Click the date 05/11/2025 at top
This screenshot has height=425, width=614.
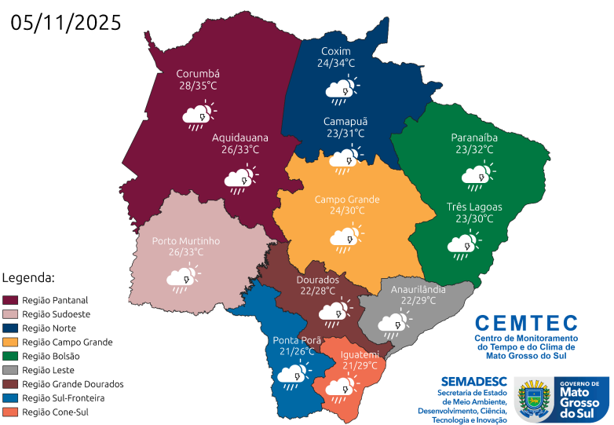point(67,22)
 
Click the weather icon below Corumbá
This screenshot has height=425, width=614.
point(199,115)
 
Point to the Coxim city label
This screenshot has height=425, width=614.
point(335,51)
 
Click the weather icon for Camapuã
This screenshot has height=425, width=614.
point(344,160)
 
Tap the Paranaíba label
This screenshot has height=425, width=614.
point(474,137)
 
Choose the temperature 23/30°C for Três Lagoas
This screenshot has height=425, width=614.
point(474,218)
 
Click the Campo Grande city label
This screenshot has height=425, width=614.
point(346,199)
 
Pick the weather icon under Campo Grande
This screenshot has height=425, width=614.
point(346,237)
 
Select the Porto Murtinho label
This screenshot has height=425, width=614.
point(186,240)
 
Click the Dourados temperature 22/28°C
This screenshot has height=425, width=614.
point(317,291)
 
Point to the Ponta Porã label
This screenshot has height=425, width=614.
point(295,340)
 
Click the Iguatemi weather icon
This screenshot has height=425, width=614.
point(341,387)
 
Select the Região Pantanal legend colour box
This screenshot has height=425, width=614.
point(10,300)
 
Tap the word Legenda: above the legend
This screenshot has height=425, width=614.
point(28,278)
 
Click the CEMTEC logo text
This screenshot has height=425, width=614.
point(525,323)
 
